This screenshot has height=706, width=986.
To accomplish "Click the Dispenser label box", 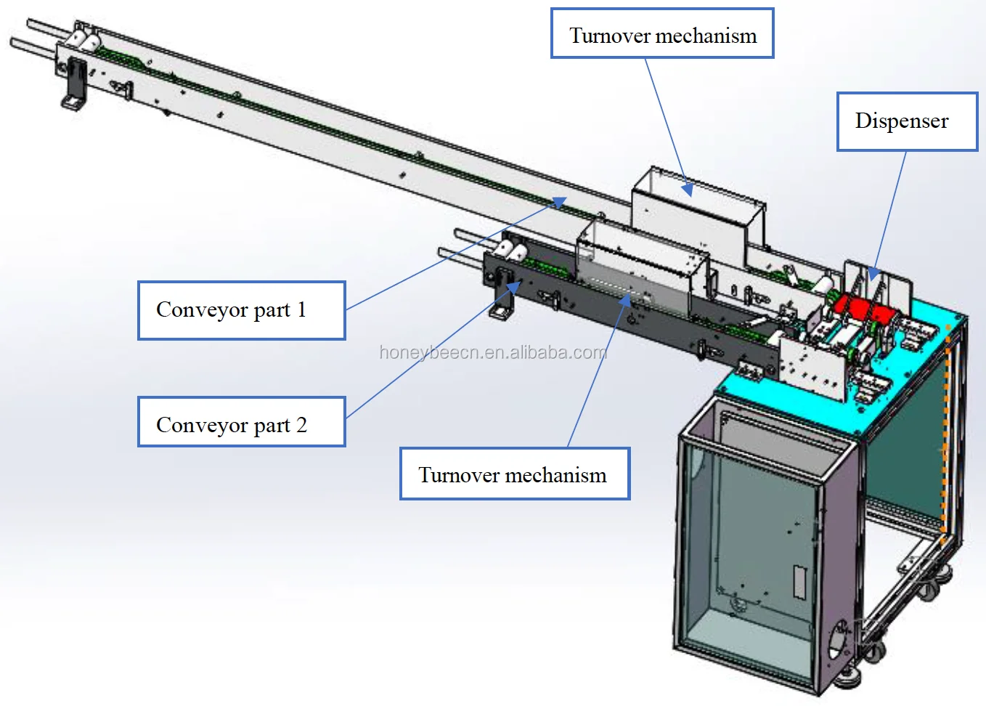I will pos(907,121).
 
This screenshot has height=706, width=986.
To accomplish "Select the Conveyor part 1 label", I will pos(241,310).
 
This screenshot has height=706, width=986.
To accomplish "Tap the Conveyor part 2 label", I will pos(241,422).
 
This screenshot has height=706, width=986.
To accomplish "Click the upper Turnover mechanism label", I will pos(662,34).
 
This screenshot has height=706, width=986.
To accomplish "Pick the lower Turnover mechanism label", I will pos(514,474).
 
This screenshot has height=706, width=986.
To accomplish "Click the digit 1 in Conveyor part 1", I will pos(301,310).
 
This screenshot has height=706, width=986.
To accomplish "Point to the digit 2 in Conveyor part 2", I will pos(301,424).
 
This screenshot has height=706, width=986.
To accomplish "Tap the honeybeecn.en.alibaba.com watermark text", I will pos(493,353).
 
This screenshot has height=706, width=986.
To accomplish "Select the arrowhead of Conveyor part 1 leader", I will pos(558,202).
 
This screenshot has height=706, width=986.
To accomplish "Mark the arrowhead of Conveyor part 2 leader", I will pos(513,288).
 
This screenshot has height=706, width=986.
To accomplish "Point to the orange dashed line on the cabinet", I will pos(945,436).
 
